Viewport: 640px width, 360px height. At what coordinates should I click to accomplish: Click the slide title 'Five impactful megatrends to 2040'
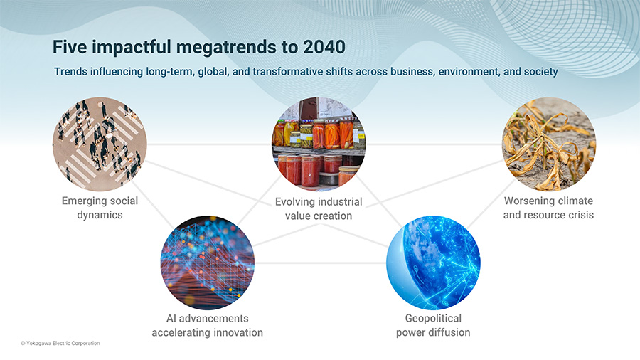(x=199, y=48)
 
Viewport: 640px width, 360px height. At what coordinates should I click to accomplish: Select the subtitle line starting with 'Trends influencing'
(x=306, y=72)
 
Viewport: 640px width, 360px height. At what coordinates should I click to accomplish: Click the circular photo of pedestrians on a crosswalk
(x=100, y=144)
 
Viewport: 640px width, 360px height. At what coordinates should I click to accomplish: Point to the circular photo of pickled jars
(x=319, y=144)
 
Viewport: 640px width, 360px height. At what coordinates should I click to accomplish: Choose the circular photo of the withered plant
(x=548, y=144)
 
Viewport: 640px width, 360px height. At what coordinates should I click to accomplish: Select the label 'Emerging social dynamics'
(x=100, y=208)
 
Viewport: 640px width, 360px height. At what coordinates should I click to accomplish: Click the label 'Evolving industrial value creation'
(x=319, y=208)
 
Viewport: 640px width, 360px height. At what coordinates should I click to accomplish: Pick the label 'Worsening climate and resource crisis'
(x=548, y=208)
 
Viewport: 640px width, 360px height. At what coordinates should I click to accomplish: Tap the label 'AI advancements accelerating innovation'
(x=208, y=325)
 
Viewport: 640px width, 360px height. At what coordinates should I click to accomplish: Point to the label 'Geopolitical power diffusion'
(x=433, y=325)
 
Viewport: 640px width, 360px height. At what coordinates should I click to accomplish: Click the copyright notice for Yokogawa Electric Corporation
(x=60, y=343)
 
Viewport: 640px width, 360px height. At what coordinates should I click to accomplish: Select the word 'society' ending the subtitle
(x=539, y=72)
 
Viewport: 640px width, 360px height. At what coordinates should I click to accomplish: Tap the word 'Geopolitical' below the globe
(x=433, y=318)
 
